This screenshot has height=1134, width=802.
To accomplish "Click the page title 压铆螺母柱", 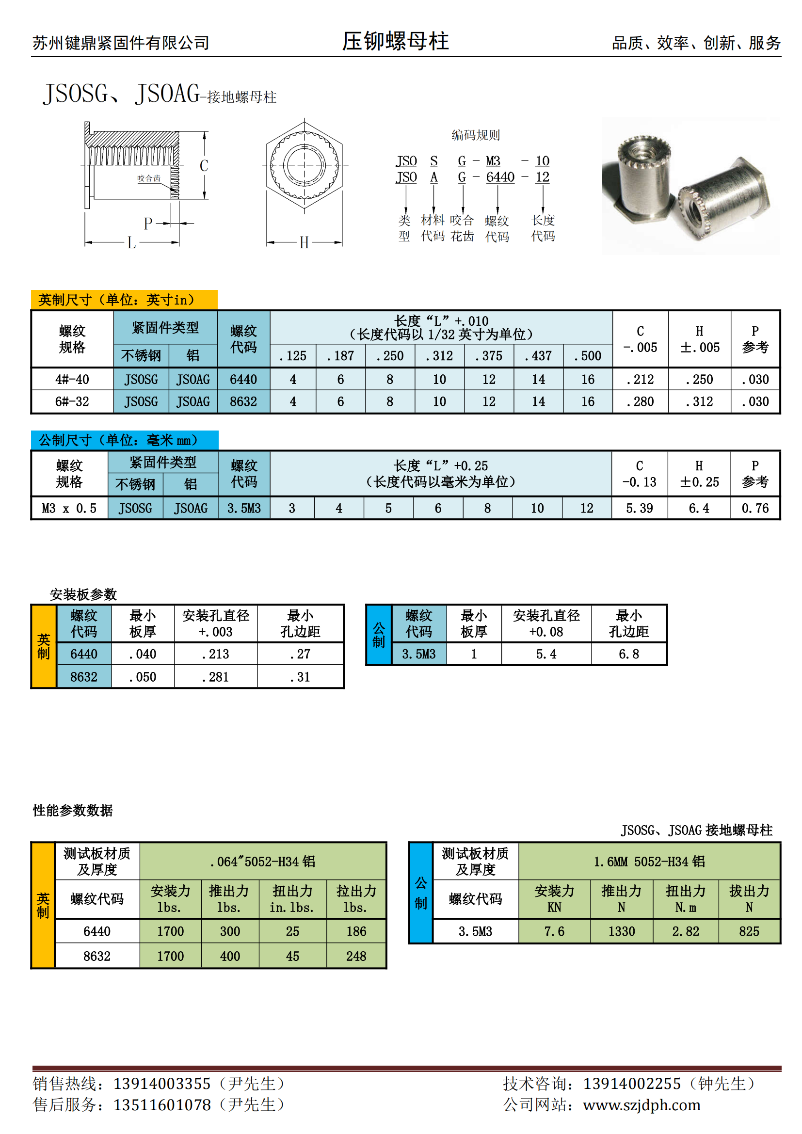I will (395, 41).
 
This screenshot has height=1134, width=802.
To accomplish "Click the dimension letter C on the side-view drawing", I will (204, 165).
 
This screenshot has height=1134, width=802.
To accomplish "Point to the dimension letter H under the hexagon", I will (304, 242).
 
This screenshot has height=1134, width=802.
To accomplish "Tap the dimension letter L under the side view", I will (131, 242).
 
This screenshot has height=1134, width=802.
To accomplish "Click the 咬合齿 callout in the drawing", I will (149, 178).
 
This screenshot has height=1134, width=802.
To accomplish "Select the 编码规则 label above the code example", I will (475, 135).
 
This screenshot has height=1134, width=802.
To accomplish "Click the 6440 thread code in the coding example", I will (500, 177).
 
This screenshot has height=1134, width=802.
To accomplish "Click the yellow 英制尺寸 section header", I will (124, 300).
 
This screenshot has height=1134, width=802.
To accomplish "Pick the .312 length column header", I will (439, 355).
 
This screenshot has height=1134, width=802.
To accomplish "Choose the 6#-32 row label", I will (72, 401).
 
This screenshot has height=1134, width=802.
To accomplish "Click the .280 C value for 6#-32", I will (640, 401).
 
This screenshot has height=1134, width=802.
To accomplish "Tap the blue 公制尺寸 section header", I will (125, 440).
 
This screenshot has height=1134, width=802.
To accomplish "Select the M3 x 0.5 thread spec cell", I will (69, 508).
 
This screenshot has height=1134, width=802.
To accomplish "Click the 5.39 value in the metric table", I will (640, 508).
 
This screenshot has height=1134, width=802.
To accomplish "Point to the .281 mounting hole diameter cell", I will (215, 677).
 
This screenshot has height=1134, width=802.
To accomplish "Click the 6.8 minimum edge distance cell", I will (629, 654).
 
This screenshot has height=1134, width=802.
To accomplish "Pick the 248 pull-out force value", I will (356, 956).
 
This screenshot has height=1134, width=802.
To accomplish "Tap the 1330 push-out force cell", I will (621, 931).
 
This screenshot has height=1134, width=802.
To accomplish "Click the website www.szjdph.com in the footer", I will (642, 1105).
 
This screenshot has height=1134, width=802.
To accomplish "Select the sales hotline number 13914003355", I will (162, 1084).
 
